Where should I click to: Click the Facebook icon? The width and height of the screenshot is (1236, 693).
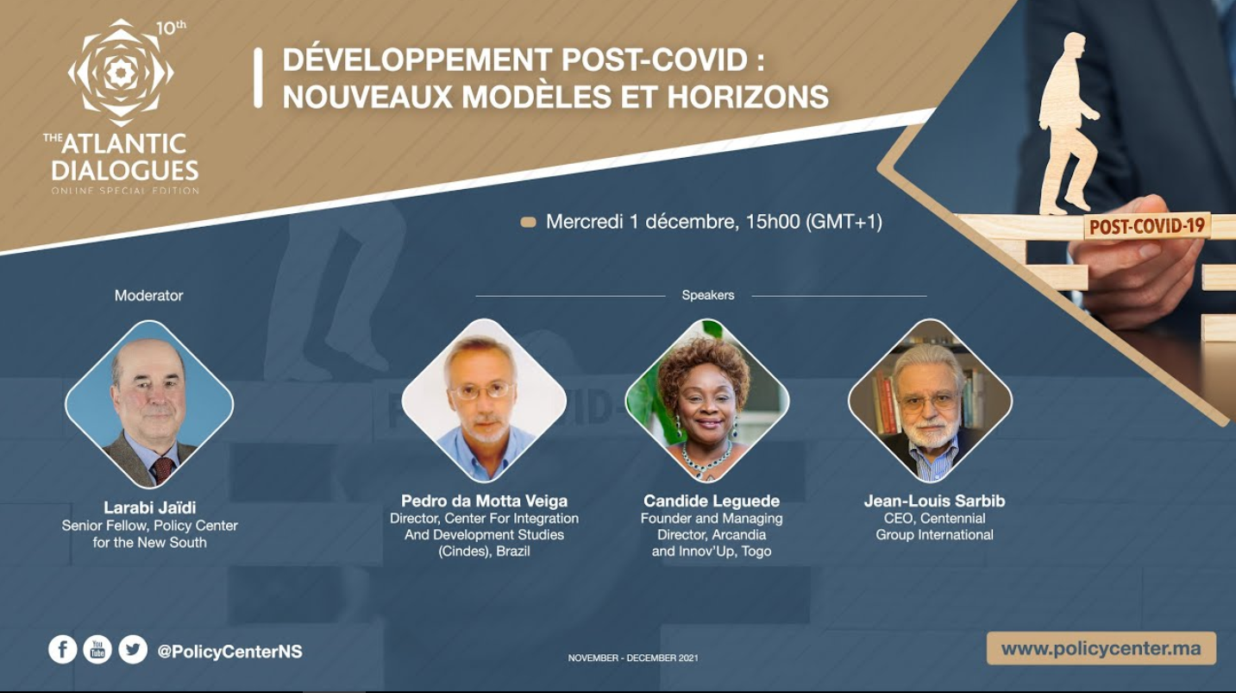62,649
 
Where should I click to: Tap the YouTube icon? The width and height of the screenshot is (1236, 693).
97,649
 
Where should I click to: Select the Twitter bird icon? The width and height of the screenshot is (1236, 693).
133,649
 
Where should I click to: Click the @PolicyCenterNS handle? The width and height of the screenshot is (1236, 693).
229,652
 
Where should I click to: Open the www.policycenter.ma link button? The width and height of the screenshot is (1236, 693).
1101,648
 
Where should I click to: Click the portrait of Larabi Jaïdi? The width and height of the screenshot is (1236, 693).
149,404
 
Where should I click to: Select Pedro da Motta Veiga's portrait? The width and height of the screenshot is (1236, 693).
484,400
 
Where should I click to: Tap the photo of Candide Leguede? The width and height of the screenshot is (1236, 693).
706,400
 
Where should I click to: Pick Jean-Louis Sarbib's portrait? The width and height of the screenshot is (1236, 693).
931,400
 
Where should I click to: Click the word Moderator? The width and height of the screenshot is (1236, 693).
149,295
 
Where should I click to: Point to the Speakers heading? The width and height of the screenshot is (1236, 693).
708,295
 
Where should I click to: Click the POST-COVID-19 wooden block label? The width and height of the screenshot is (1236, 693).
1147,226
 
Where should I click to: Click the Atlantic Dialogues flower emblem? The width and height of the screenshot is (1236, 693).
121,72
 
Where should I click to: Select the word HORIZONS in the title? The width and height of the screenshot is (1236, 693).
748,96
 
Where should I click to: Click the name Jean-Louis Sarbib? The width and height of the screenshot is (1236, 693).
934,501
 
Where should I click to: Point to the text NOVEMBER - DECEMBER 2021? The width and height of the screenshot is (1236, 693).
633,658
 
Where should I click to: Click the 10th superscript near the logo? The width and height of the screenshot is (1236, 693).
171,28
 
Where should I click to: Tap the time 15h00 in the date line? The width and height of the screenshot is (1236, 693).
773,222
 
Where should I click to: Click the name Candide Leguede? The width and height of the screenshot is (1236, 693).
712,501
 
